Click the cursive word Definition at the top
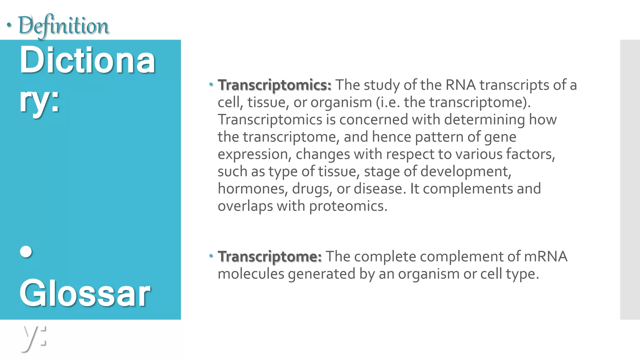pos(64,26)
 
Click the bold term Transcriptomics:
pos(274,85)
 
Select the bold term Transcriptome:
pos(269,257)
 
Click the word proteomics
pos(348,206)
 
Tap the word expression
pos(254,154)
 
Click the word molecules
pos(251,274)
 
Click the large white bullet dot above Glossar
pos(26,252)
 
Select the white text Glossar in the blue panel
pos(85,294)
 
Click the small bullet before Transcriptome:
pos(211,256)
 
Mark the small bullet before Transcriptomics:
pos(211,84)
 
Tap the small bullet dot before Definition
pos(9,25)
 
